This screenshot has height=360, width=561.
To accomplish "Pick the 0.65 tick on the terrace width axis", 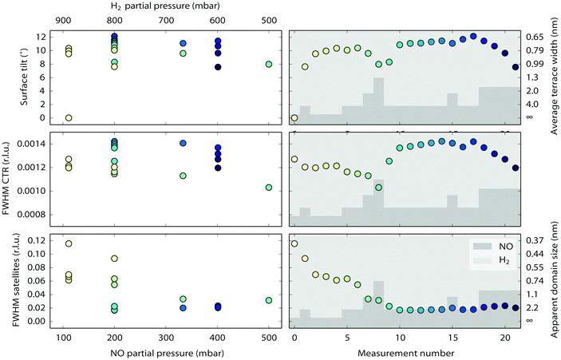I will click(535, 38).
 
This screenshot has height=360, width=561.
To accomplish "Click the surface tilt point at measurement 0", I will click(294, 117).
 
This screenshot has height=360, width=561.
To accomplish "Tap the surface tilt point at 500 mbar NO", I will click(269, 65).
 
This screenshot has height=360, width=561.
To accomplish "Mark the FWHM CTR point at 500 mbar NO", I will click(269, 188).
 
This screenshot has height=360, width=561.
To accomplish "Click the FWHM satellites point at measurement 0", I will click(294, 243).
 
